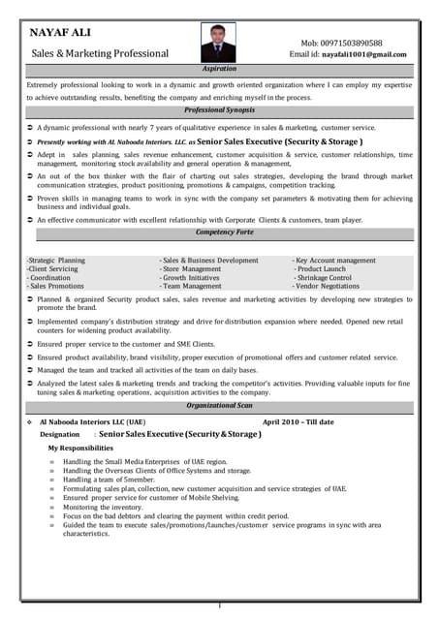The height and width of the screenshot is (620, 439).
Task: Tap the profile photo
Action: point(217,43)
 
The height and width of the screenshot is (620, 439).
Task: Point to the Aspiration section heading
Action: point(219,70)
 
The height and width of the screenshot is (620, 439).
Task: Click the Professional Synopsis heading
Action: point(219,110)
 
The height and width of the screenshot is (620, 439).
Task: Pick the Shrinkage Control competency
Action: point(325,278)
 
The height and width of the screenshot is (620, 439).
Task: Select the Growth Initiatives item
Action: point(192,278)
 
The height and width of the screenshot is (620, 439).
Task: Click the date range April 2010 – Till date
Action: point(298,422)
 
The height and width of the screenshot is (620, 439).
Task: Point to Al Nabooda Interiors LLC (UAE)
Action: point(93,422)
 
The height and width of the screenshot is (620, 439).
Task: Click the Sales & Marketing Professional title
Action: point(100,53)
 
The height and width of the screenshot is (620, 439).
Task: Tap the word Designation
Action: point(60,435)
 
